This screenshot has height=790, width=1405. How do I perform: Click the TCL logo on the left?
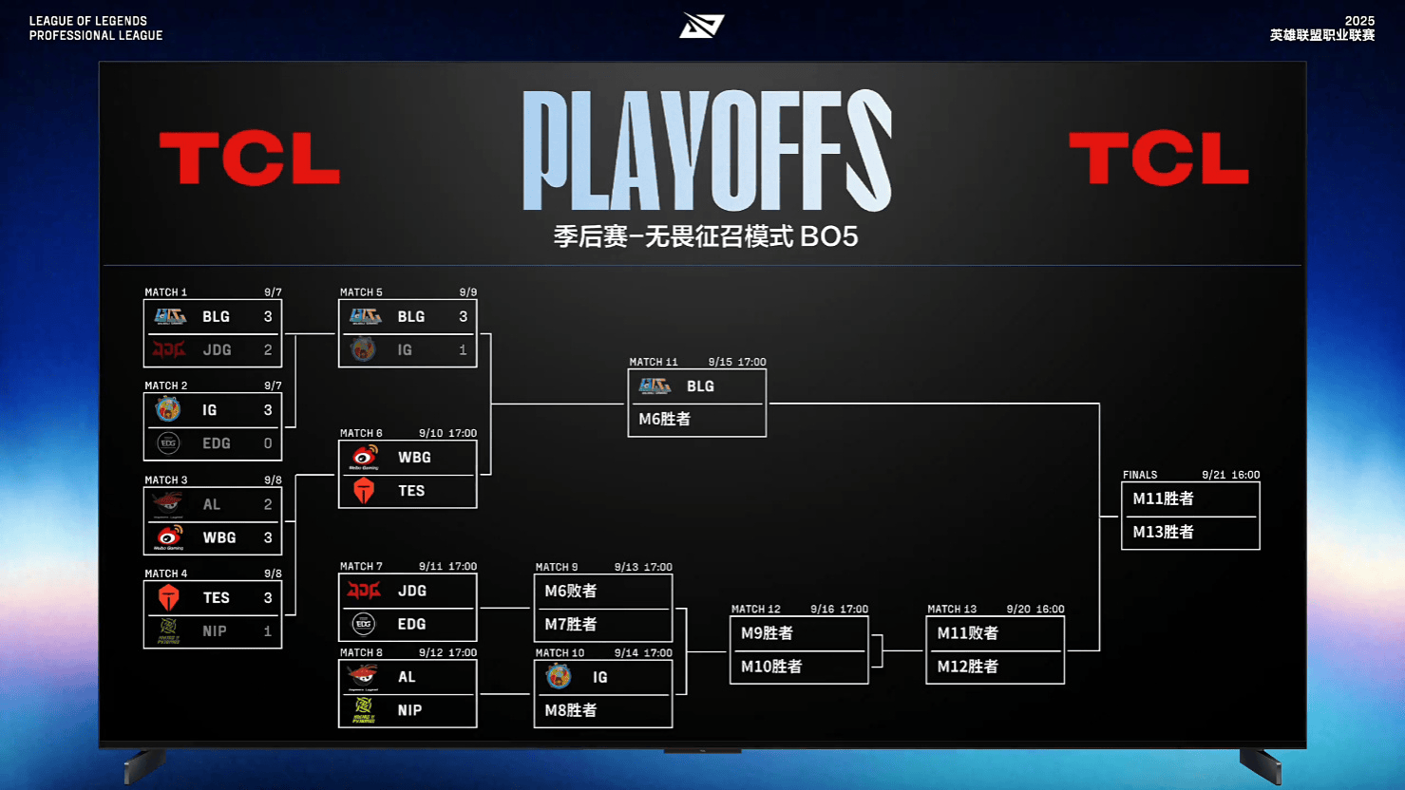coord(250,158)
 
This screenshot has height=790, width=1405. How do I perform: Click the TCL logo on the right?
coord(1159,158)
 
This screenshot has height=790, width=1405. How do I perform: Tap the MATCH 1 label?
coord(165,292)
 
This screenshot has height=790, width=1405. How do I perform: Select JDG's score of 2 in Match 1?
coord(268,349)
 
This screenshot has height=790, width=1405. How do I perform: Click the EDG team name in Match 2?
coord(217,443)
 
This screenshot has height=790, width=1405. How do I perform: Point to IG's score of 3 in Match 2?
coord(268,410)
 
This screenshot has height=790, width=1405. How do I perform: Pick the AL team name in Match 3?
coord(212,504)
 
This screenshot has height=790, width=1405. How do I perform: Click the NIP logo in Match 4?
coord(168,630)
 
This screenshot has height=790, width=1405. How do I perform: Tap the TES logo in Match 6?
coord(364,490)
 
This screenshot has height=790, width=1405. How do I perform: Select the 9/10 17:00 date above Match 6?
coord(447,433)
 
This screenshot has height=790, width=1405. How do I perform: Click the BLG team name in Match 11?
coord(701,386)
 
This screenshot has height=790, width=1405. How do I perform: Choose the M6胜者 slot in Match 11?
coord(664,419)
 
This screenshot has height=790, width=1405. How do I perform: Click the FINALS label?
coord(1140,475)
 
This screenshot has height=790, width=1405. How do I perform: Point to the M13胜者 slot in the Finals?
coord(1163,532)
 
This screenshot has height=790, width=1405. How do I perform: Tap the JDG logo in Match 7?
coord(364,591)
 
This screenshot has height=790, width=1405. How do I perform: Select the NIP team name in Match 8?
coord(409,710)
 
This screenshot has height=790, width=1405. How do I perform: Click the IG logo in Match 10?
coord(559,677)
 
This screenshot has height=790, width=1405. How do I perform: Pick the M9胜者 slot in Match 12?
coord(767,633)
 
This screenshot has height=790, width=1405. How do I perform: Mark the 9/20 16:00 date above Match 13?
coord(1035,609)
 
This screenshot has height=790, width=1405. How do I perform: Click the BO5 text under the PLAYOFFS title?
coord(829,236)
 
